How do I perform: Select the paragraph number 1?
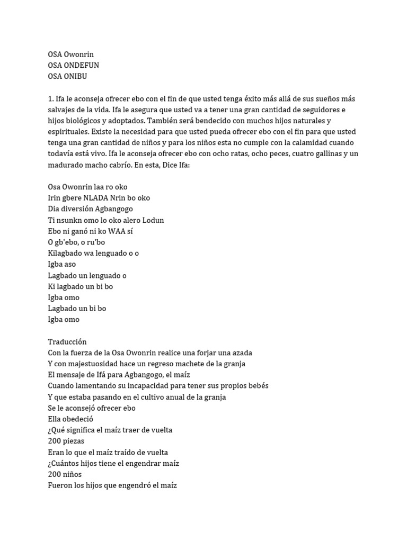coord(50,98)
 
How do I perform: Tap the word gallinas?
coord(301,154)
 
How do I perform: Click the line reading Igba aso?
coord(63,265)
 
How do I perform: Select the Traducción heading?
coord(67,342)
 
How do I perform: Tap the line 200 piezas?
coord(66,441)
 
